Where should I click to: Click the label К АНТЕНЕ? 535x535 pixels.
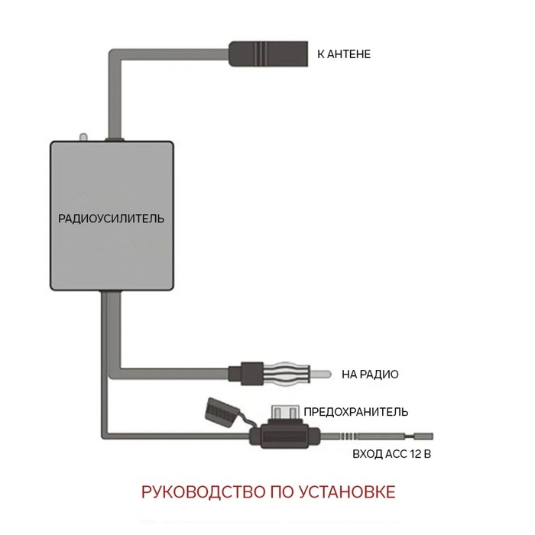pyautogui.click(x=344, y=55)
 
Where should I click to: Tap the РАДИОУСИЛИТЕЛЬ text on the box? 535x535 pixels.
pyautogui.click(x=112, y=218)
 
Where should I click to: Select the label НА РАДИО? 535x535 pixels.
pyautogui.click(x=371, y=374)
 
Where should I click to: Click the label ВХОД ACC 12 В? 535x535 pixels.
pyautogui.click(x=392, y=454)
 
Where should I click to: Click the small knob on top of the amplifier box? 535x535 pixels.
pyautogui.click(x=84, y=138)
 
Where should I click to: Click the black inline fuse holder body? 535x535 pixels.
pyautogui.click(x=287, y=437)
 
